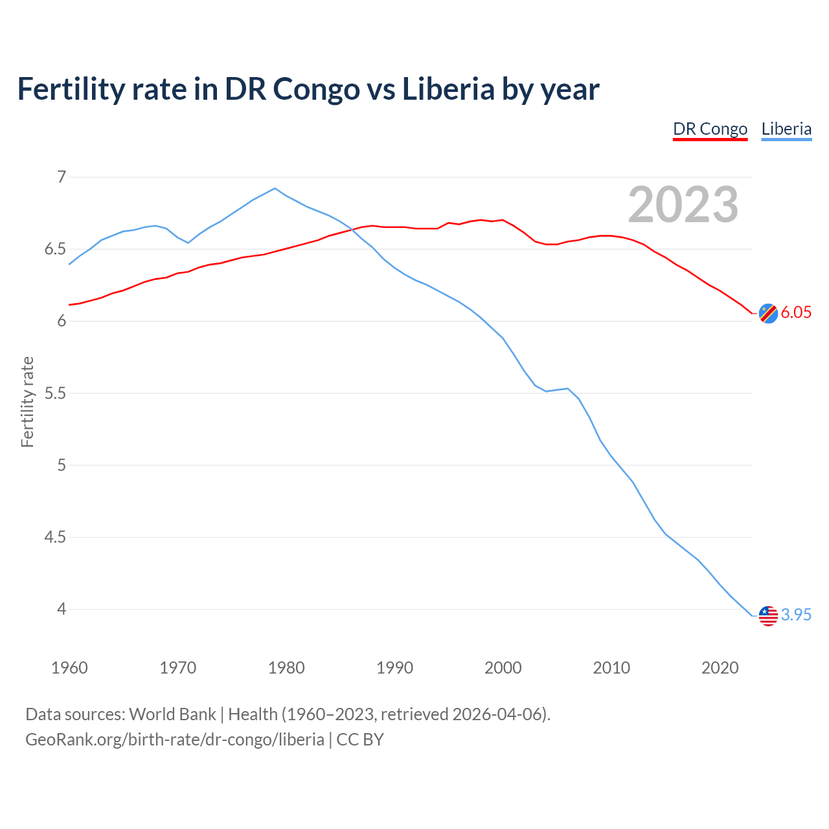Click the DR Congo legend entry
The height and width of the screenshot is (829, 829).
tap(710, 129)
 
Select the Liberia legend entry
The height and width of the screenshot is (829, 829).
tap(786, 129)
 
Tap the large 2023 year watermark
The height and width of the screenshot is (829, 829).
tap(683, 205)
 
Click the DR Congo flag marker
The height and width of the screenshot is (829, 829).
tap(768, 313)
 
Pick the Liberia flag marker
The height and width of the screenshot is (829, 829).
tap(768, 615)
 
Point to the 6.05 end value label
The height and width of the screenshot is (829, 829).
tap(796, 313)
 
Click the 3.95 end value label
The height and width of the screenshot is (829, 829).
tap(796, 615)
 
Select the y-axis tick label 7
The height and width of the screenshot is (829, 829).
tap(62, 177)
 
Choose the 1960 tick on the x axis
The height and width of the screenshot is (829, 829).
tap(69, 668)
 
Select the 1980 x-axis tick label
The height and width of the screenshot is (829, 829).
tap(286, 668)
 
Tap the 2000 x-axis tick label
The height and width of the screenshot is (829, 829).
tap(503, 668)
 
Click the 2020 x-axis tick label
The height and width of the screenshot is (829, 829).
tap(720, 668)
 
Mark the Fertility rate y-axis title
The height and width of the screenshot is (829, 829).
tap(27, 402)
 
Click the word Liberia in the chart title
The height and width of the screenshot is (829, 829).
tap(448, 89)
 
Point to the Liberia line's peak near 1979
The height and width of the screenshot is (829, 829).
tap(275, 188)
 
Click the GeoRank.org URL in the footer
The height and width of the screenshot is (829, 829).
tap(175, 740)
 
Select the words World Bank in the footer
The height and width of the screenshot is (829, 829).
tap(172, 714)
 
